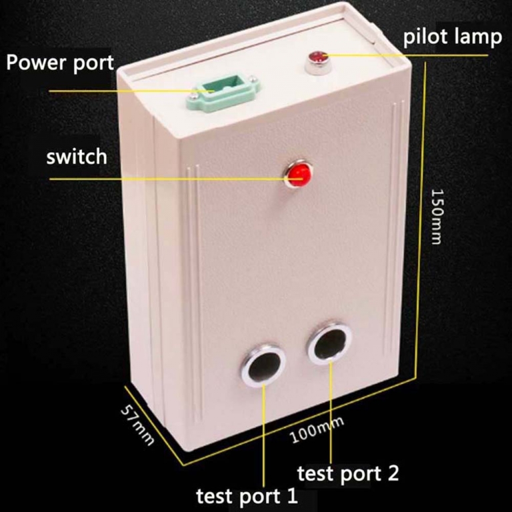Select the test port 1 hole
[263, 364]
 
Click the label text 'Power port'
[60, 63]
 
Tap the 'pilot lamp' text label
[452, 37]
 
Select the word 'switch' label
[77, 157]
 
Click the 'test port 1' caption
[247, 496]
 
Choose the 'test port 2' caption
[348, 473]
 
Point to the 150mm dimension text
[437, 216]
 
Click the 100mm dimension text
[317, 430]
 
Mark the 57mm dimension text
[137, 425]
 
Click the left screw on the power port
[193, 95]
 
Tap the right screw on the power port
[252, 78]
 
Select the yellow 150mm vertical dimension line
[421, 221]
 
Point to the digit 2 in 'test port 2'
[393, 473]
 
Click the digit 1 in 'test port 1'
[293, 495]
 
